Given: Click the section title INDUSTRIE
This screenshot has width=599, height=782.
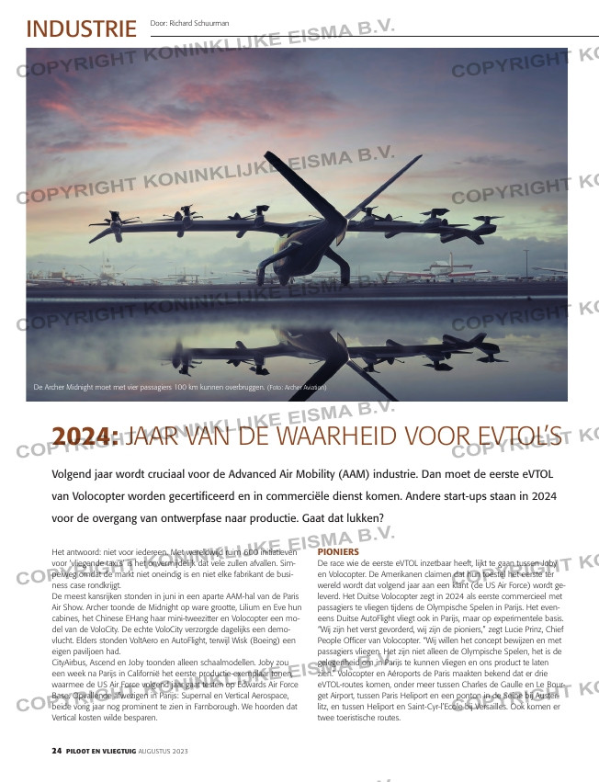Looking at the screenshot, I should pyautogui.click(x=81, y=28).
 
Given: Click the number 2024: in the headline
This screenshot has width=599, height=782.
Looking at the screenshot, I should pyautogui.click(x=86, y=436).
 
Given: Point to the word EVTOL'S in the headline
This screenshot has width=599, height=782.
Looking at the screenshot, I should pyautogui.click(x=514, y=436).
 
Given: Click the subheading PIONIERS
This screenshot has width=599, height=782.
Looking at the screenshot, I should pyautogui.click(x=338, y=551).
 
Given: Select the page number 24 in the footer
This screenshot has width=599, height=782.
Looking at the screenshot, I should pyautogui.click(x=56, y=751).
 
